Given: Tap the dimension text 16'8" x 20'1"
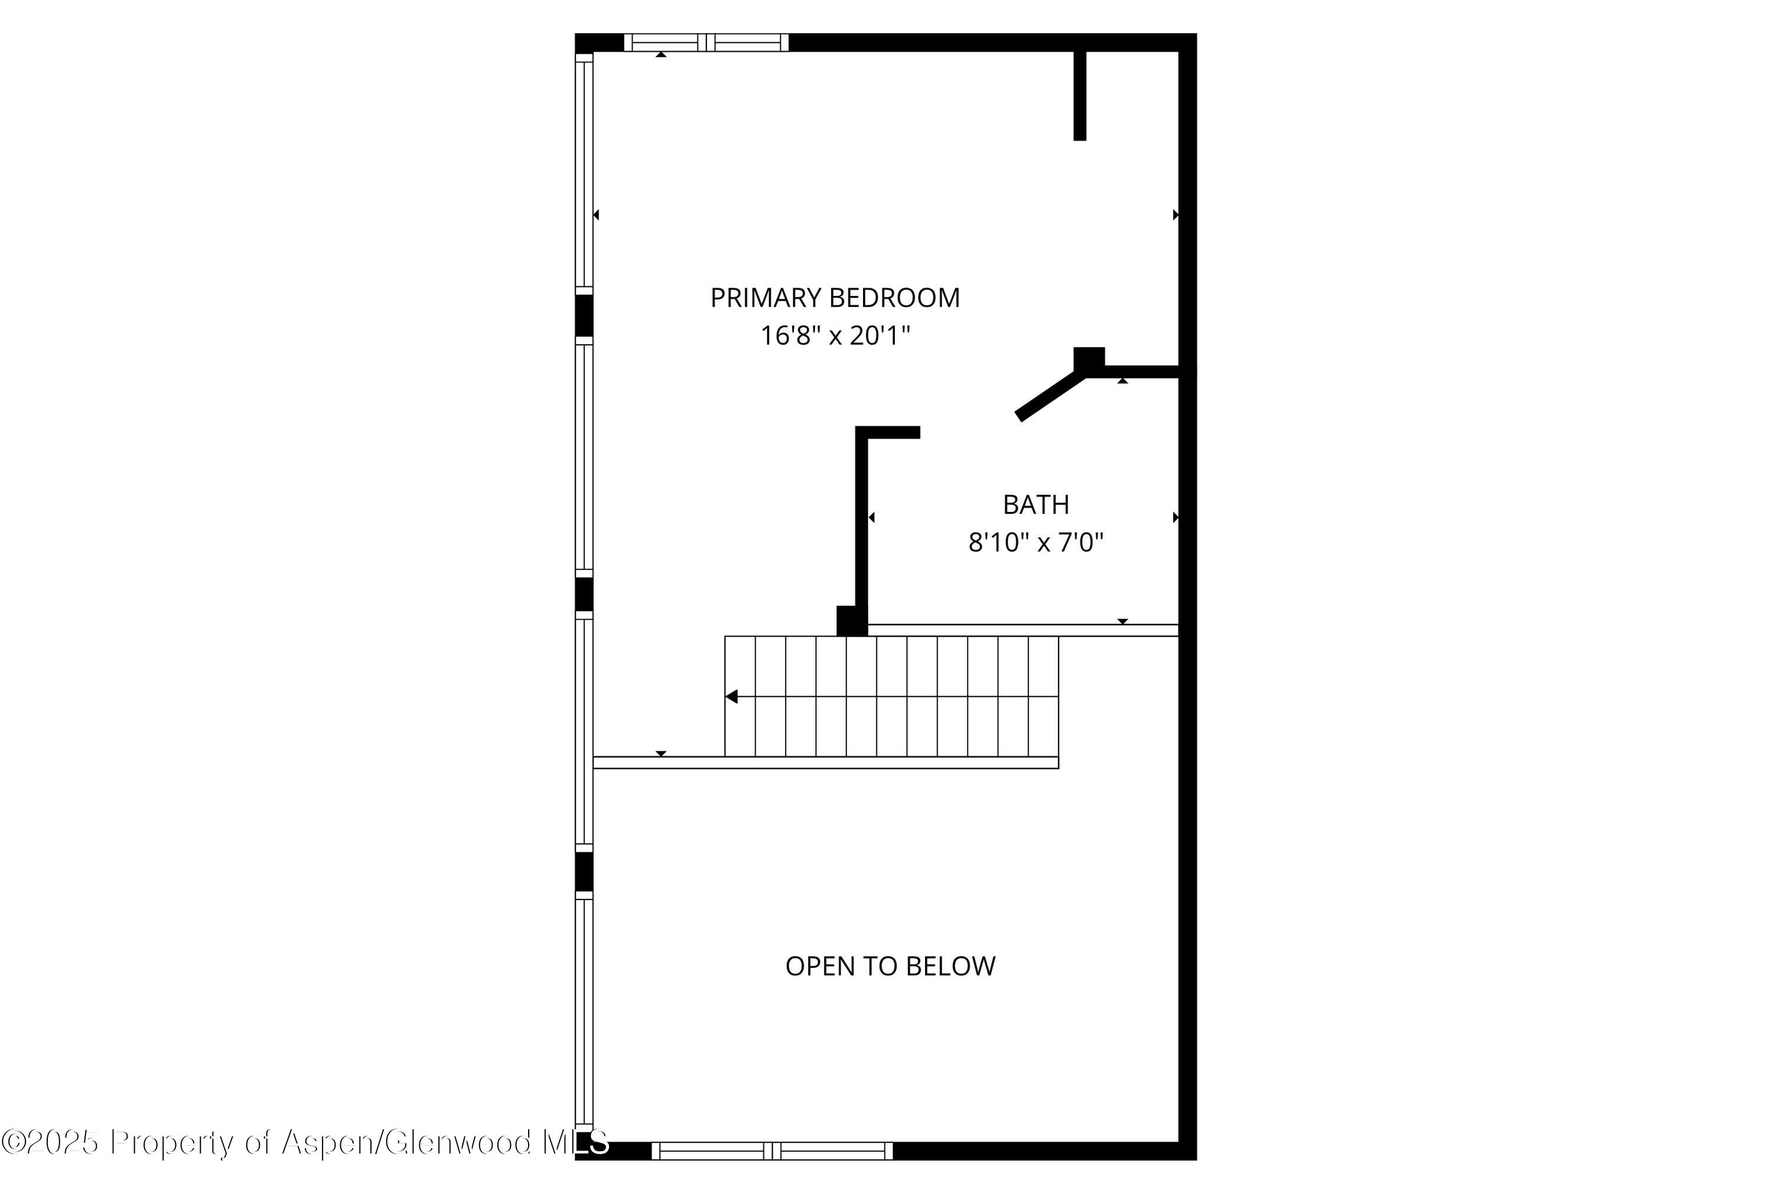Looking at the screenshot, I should (835, 335).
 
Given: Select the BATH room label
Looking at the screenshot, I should (1035, 504).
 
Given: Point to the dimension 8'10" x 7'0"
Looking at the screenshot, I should (1035, 543).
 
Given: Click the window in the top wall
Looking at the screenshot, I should (706, 43).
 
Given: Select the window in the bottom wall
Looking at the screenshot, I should (771, 1151).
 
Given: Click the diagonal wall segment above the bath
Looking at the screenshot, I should (1051, 396).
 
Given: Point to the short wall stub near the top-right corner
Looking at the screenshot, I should (1080, 95).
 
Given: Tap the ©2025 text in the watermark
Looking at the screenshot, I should (50, 1142).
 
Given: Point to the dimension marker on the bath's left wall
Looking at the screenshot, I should (871, 517).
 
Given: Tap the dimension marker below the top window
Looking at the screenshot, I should (661, 55).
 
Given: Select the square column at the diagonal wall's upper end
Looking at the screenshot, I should (1089, 359).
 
